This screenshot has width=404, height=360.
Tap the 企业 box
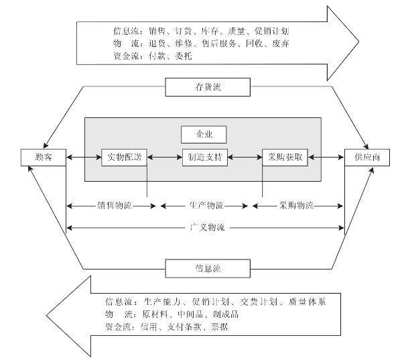coord(204,133)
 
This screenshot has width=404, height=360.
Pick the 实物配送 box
coord(124,158)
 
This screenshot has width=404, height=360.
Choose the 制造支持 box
coord(204,158)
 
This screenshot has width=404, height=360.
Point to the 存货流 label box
coord(207,86)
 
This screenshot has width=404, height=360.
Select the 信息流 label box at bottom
coord(207,269)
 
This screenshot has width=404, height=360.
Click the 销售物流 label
coord(114,205)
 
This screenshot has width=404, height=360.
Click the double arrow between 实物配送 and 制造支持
coord(165,158)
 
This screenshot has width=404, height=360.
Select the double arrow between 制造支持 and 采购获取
coord(245,158)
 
